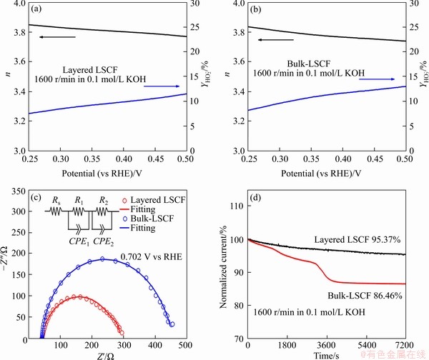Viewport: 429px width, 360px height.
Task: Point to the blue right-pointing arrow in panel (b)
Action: pyautogui.click(x=377, y=80)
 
